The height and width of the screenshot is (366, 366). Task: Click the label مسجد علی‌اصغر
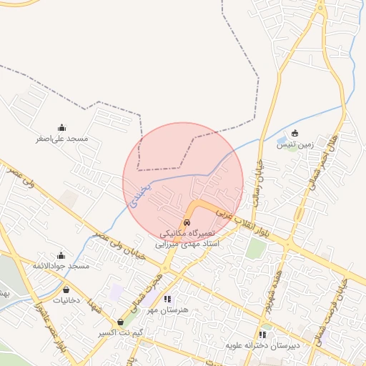click(x=62, y=139)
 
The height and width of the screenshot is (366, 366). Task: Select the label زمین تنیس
click(x=295, y=144)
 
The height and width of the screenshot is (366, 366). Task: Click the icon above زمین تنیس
click(x=295, y=133)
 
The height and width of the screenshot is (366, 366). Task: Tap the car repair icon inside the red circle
click(x=187, y=222)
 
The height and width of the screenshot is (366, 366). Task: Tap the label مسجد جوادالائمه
click(x=61, y=266)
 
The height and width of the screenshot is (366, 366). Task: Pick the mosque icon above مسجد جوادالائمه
click(x=61, y=255)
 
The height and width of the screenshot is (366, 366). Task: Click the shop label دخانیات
click(x=67, y=301)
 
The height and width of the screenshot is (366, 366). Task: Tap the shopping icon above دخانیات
click(x=67, y=290)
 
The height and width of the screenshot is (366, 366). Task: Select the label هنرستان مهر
click(x=167, y=310)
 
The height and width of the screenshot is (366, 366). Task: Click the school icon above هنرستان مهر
click(x=167, y=300)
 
